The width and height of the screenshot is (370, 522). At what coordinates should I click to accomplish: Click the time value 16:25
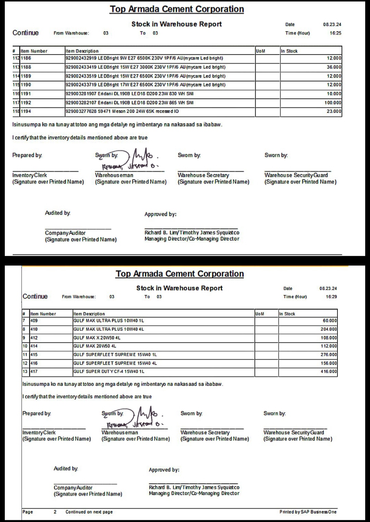(x=335, y=33)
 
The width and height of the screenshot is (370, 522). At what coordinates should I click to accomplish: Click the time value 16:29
(x=331, y=297)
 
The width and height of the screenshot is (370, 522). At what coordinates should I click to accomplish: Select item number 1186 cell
(x=26, y=58)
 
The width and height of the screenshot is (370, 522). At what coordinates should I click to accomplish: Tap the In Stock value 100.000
(x=333, y=103)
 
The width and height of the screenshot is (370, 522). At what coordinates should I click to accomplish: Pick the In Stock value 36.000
(x=334, y=67)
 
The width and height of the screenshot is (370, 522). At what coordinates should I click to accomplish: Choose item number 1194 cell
(x=26, y=111)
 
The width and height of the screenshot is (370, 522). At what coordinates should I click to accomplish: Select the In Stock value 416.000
(x=329, y=372)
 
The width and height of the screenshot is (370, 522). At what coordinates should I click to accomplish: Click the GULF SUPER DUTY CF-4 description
(x=109, y=372)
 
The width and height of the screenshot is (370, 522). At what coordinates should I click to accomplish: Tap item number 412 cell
(x=34, y=338)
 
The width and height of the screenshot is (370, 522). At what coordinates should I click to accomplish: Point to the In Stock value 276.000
(x=329, y=355)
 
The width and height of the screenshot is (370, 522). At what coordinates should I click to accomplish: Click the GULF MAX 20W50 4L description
(x=95, y=346)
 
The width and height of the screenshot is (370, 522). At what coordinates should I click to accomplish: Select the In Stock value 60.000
(x=330, y=321)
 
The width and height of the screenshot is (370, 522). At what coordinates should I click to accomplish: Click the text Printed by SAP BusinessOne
(x=308, y=512)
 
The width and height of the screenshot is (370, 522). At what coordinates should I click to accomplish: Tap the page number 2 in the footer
(x=55, y=512)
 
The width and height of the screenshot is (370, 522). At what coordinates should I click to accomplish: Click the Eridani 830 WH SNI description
(x=129, y=94)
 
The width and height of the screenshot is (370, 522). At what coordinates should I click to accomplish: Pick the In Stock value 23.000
(x=334, y=111)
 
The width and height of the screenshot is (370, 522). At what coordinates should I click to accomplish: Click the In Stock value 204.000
(x=329, y=330)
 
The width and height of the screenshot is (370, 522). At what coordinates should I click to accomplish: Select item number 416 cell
(x=34, y=363)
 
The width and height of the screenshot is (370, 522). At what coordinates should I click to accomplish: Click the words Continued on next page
(x=89, y=512)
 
